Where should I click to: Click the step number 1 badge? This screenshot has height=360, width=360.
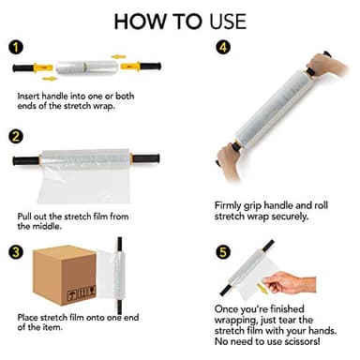point(16,48)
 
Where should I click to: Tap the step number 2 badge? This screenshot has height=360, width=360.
point(16,137)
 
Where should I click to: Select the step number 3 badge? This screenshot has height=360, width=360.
point(16,252)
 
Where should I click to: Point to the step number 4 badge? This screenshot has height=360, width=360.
point(223,47)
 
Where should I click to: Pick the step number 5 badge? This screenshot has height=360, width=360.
point(223,252)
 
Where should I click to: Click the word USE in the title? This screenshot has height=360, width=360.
point(228,22)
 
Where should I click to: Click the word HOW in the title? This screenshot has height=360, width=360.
point(141,22)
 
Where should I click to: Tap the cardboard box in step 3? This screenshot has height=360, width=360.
point(65,275)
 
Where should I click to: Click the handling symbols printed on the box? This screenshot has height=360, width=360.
point(82,293)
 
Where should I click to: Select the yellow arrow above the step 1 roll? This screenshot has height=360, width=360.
point(118,56)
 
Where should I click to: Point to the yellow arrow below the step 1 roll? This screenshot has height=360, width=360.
point(50,79)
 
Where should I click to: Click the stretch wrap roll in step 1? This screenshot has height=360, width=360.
point(87,67)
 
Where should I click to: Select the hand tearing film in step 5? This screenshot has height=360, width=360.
point(289,282)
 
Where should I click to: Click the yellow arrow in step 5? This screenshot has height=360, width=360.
point(262,289)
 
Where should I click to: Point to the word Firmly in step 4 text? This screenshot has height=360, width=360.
point(228,206)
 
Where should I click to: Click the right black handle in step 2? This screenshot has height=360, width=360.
point(146,158)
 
